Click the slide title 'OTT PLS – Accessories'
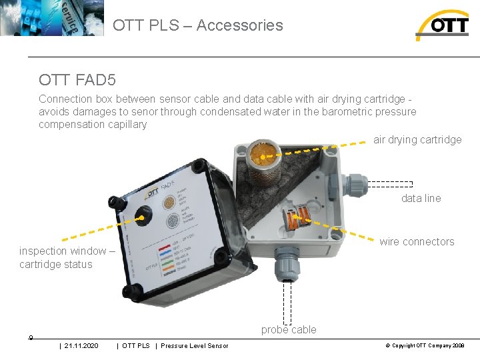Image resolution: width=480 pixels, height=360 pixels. click(198, 25)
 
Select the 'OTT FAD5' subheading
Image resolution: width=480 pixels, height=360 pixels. click(77, 81)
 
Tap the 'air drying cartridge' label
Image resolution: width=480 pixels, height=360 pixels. click(417, 139)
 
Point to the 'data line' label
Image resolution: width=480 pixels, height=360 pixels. click(421, 198)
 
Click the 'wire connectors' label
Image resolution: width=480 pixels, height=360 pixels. click(417, 241)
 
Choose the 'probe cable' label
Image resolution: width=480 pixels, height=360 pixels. click(289, 329)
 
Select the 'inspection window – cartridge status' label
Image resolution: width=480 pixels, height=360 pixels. click(67, 257)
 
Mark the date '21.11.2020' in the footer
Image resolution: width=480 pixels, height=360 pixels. click(81, 345)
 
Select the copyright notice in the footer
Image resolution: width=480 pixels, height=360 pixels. click(425, 345)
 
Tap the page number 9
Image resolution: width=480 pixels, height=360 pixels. click(31, 337)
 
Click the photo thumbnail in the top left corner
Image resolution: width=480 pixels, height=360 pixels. click(52, 18)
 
